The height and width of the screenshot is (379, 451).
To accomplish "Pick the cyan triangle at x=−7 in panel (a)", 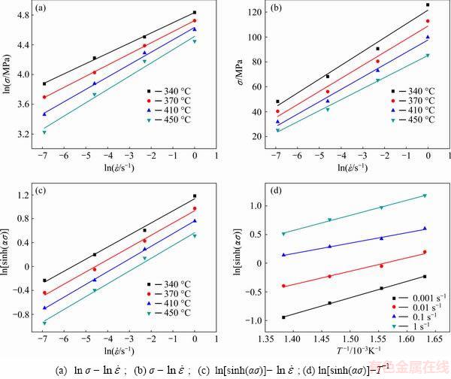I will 44,132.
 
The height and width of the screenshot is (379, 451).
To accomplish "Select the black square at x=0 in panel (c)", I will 195,196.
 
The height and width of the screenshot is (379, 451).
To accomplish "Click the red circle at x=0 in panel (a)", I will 195,21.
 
